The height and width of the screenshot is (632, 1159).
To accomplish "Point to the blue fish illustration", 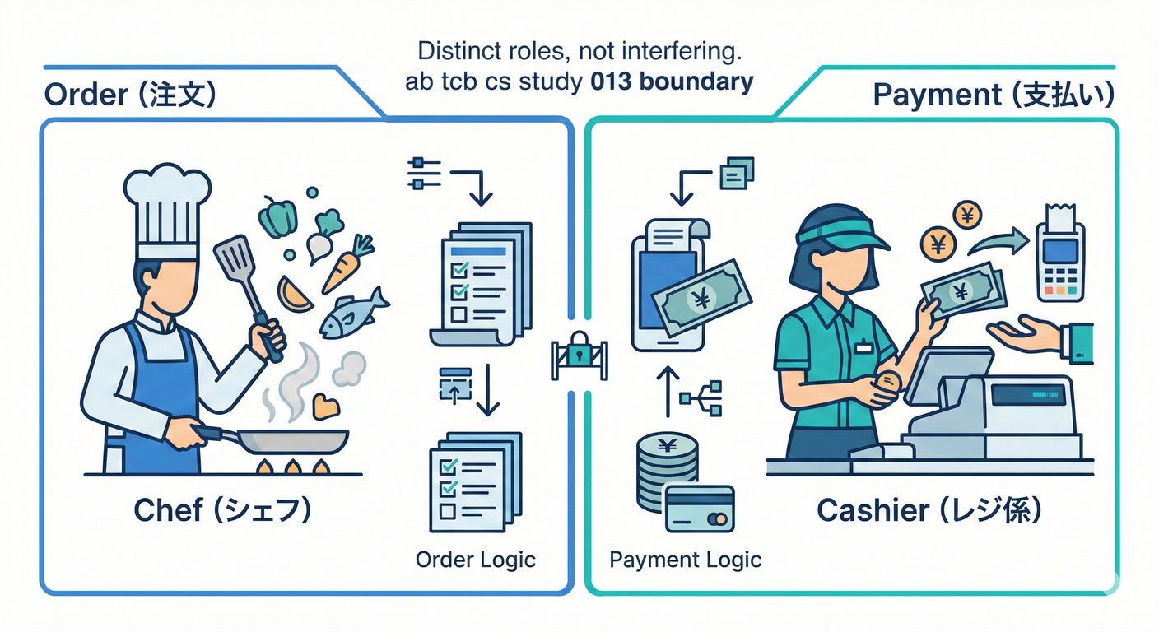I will click(352, 313).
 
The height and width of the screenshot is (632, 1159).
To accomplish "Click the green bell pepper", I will click(278, 217).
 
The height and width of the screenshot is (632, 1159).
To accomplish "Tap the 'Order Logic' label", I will click(476, 560).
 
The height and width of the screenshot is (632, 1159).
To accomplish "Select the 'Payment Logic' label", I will click(685, 560).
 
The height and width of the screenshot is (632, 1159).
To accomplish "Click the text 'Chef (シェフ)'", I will click(222, 511).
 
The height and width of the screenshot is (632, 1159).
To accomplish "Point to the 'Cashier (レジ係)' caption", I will click(929, 511).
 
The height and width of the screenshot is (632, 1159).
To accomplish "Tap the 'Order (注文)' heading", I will click(130, 95).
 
